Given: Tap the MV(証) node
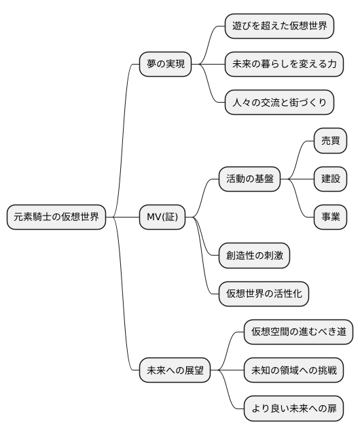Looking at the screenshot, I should [x=162, y=217].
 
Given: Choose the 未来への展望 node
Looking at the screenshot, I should [x=175, y=371].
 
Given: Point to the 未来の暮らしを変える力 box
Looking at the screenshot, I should [x=284, y=65].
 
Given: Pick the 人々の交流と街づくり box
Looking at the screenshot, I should [x=279, y=103].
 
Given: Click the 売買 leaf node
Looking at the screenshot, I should [x=331, y=141].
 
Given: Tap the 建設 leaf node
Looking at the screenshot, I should [x=331, y=179].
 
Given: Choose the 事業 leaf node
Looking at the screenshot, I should [x=331, y=217].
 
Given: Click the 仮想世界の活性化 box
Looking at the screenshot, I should [x=264, y=294].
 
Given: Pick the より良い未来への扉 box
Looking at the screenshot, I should [x=293, y=409].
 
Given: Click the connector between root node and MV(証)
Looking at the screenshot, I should [x=123, y=217].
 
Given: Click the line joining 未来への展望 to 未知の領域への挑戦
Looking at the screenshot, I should [x=227, y=371].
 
